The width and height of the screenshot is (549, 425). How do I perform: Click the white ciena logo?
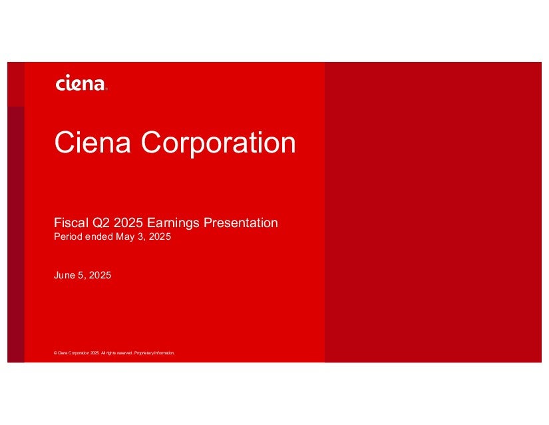tap(81, 83)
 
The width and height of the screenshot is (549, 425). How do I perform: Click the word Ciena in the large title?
tap(92, 143)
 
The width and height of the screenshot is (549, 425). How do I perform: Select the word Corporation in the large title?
tap(218, 143)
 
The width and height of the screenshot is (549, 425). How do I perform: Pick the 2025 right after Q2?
tap(128, 223)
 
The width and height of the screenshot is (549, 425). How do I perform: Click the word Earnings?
tap(173, 223)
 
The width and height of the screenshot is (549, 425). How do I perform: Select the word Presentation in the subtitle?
tap(241, 223)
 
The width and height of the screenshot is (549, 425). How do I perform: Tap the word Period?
tap(68, 236)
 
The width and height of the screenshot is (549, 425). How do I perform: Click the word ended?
tap(98, 236)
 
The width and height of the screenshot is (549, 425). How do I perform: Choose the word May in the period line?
tap(125, 237)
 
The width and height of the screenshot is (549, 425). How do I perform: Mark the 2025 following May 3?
tap(160, 236)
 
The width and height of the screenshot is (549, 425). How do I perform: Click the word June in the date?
tap(65, 275)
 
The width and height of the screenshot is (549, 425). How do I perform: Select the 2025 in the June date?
tap(100, 275)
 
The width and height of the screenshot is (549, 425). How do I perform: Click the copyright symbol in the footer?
tap(55, 353)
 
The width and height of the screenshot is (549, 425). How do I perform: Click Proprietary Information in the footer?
tap(154, 353)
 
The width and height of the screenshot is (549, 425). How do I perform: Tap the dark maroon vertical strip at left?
tap(16, 234)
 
